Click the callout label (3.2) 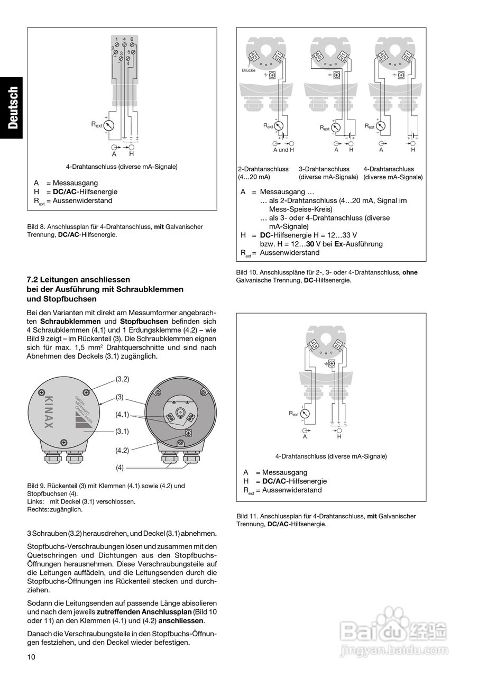(x=122, y=379)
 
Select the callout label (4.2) (x=122, y=450)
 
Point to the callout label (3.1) (x=122, y=431)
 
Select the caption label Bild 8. (x=36, y=226)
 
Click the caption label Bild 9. (x=36, y=486)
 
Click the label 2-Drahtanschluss (x=263, y=169)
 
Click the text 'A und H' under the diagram (x=283, y=150)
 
